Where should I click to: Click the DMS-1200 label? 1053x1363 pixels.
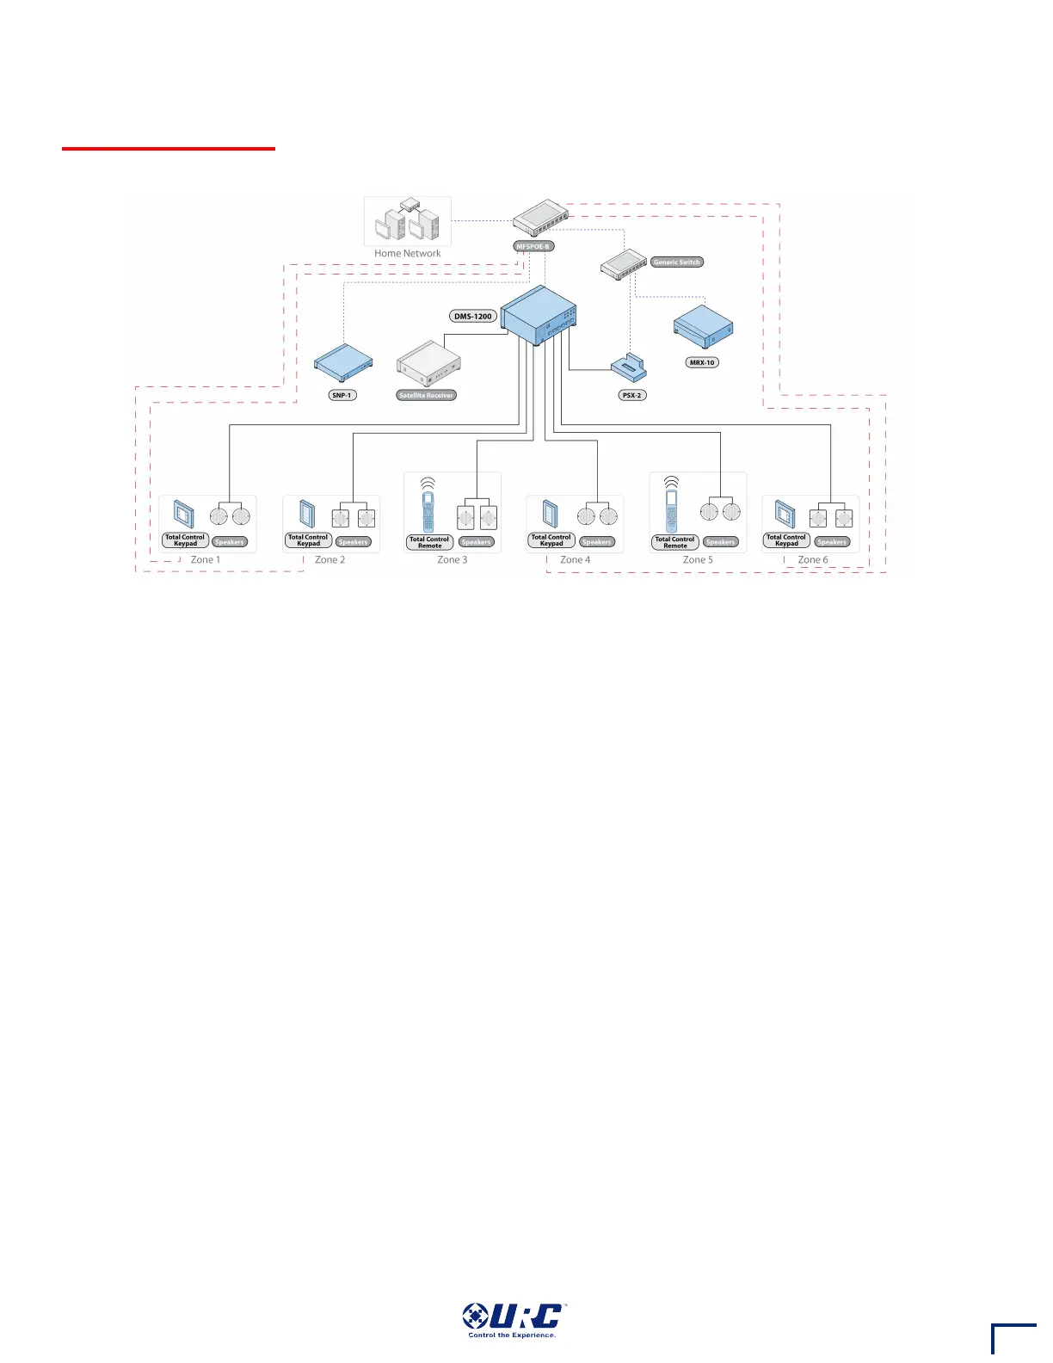tap(473, 317)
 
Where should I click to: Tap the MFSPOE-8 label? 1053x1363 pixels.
tap(533, 246)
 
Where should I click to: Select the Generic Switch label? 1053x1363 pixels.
tap(677, 262)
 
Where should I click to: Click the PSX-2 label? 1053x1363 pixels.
tap(632, 395)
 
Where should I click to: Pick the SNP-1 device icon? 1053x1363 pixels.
tap(343, 361)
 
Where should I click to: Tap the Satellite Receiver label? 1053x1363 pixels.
tap(426, 395)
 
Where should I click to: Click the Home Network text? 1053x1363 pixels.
tap(407, 254)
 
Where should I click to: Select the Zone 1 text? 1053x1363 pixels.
tap(206, 560)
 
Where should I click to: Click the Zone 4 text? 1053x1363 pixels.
tap(576, 560)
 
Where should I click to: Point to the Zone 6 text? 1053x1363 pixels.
tap(813, 560)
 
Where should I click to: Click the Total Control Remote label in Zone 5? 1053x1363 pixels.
tap(675, 543)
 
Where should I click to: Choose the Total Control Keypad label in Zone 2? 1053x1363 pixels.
tap(308, 540)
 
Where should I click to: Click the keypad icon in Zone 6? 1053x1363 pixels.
tap(785, 515)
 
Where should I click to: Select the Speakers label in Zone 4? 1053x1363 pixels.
tap(597, 542)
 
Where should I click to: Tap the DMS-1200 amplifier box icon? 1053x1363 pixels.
tap(539, 317)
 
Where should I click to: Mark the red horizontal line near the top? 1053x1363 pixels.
tap(169, 149)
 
